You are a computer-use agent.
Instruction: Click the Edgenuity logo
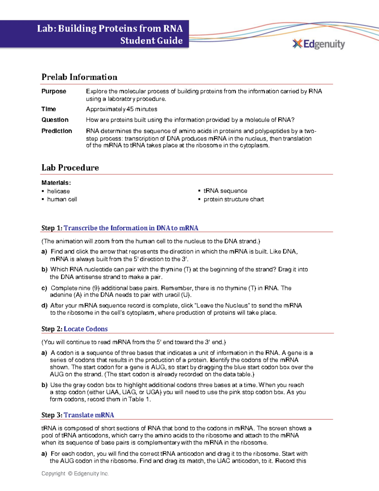click(319, 44)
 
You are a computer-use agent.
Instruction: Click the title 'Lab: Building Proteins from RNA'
click(110, 28)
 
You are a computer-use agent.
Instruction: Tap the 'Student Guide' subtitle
click(151, 40)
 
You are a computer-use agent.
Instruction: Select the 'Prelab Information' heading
click(79, 77)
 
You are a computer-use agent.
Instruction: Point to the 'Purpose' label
click(54, 91)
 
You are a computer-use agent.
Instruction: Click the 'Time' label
click(49, 109)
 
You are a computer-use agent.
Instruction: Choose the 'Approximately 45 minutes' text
click(122, 109)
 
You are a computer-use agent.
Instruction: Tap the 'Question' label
click(55, 120)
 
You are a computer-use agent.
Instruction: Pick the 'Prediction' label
click(57, 131)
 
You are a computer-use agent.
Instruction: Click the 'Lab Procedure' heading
click(70, 168)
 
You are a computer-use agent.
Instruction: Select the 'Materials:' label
click(56, 183)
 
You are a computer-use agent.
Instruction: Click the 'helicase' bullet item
click(58, 191)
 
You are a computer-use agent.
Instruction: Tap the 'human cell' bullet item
click(62, 199)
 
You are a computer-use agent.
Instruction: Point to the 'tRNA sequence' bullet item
click(225, 191)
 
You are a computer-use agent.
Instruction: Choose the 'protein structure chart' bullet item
click(234, 199)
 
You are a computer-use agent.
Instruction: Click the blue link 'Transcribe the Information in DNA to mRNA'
click(131, 228)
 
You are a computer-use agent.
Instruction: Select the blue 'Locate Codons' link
click(86, 329)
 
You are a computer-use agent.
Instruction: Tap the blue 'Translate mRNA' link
click(89, 415)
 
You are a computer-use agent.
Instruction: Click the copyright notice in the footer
click(75, 474)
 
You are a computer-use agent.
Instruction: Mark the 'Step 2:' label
click(52, 329)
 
